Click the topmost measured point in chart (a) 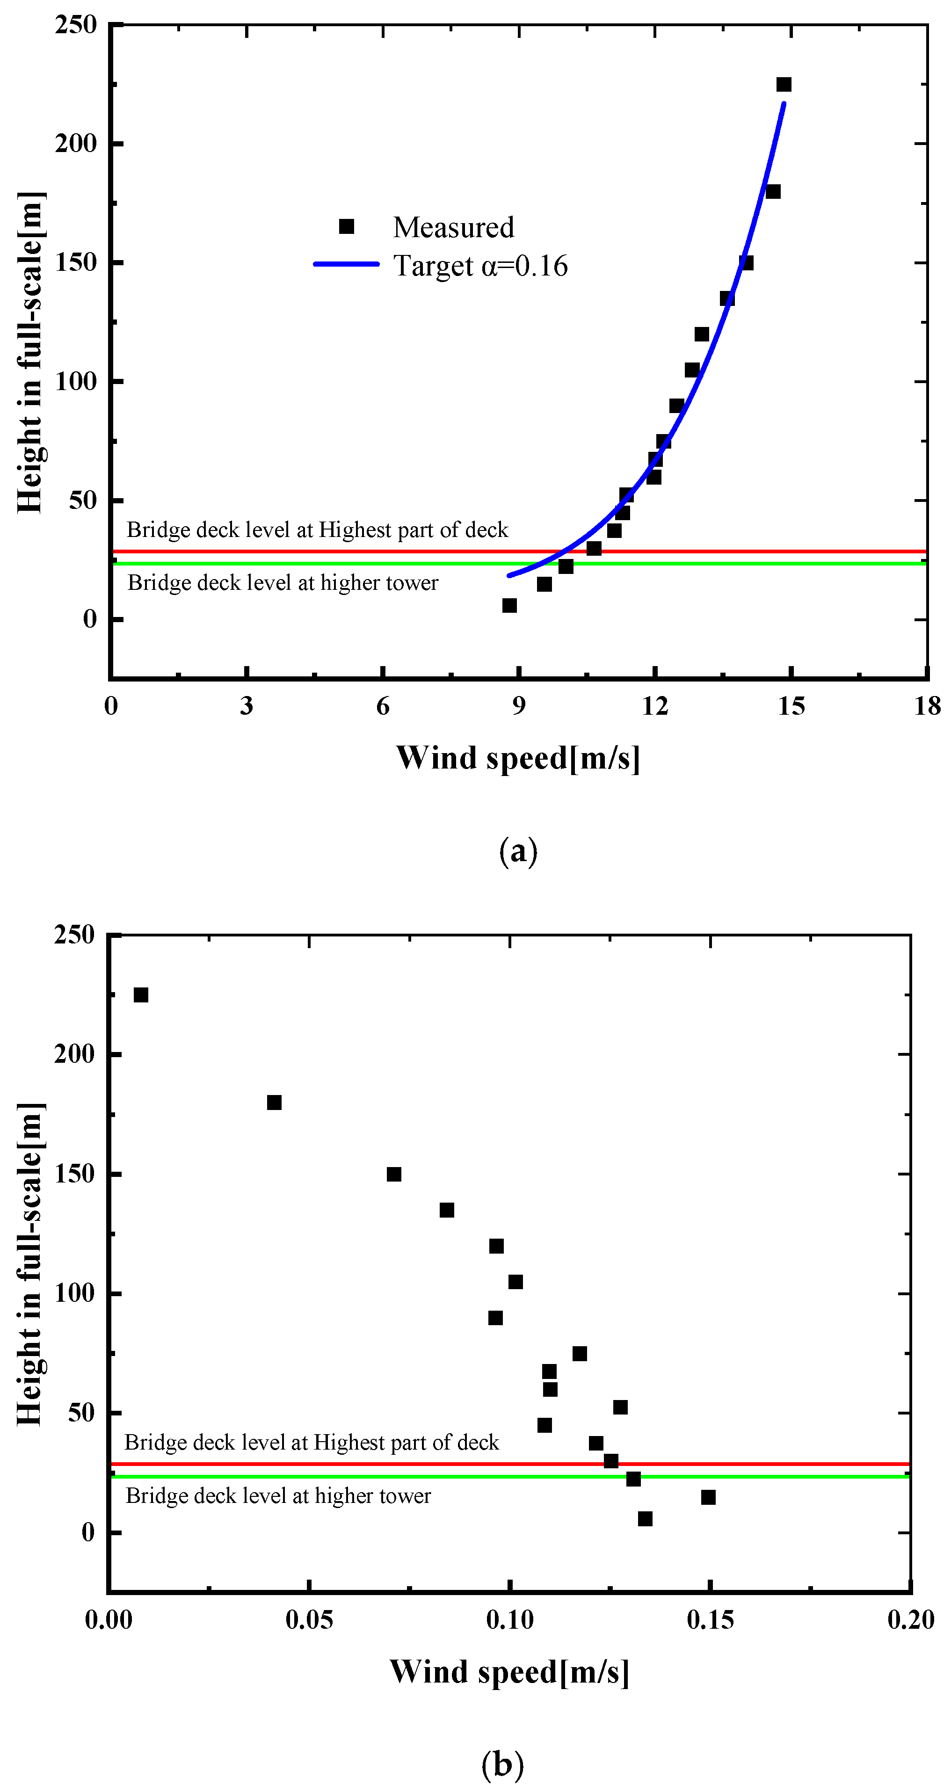pyautogui.click(x=784, y=85)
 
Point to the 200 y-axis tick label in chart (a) pyautogui.click(x=75, y=143)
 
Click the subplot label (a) pyautogui.click(x=518, y=851)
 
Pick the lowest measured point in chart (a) pyautogui.click(x=509, y=606)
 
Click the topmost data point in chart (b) pyautogui.click(x=140, y=995)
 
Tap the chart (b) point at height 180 pyautogui.click(x=274, y=1103)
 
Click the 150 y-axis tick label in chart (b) pyautogui.click(x=74, y=1174)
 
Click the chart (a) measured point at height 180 pyautogui.click(x=772, y=192)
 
